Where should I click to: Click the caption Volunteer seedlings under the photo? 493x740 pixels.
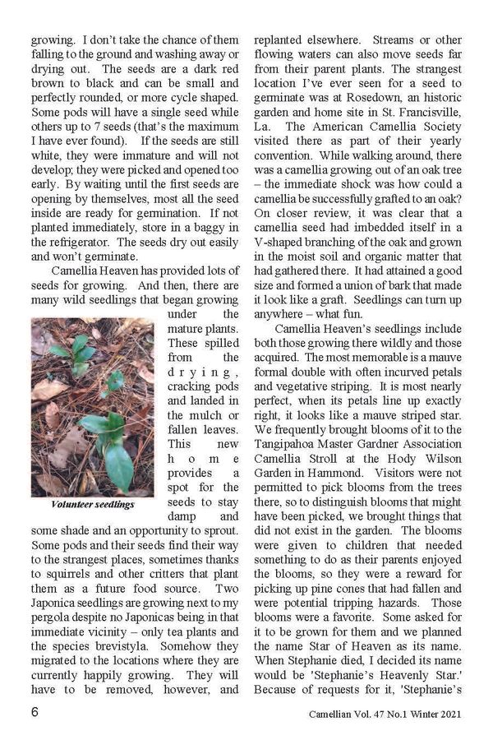[x=92, y=503]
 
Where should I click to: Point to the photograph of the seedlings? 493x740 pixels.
[x=92, y=406]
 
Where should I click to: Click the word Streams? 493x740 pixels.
[x=395, y=38]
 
